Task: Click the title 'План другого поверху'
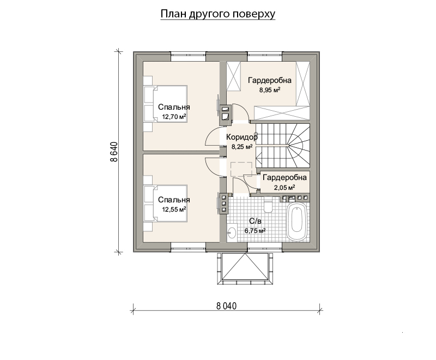(218, 14)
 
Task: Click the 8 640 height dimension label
(114, 152)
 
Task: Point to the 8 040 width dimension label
(226, 306)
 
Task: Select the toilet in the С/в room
(268, 205)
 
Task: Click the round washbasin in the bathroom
(232, 232)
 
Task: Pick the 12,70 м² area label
(174, 117)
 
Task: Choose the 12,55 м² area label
(174, 209)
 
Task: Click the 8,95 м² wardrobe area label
(270, 90)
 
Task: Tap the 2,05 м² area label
(284, 188)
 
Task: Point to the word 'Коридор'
(241, 137)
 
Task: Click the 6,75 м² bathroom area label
(255, 231)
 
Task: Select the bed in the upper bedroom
(165, 104)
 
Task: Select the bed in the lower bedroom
(165, 203)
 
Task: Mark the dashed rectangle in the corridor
(241, 169)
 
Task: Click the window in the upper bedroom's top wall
(188, 57)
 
